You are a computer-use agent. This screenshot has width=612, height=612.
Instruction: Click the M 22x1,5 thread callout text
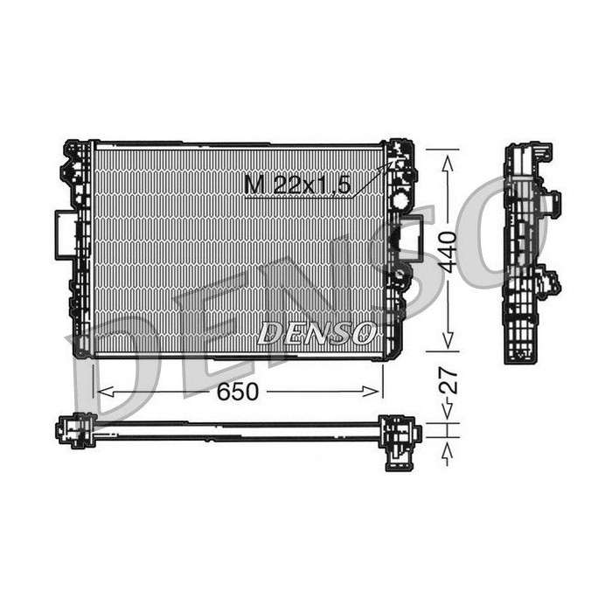coord(297,184)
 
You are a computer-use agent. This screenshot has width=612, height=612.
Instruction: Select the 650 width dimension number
coord(237,392)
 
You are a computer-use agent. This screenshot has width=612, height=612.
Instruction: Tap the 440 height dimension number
coord(447,252)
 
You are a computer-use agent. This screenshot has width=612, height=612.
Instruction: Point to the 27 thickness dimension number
coord(448,379)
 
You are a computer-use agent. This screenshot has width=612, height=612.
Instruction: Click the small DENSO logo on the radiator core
coord(316,333)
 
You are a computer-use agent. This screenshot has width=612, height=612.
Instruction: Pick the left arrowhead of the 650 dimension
coord(106,392)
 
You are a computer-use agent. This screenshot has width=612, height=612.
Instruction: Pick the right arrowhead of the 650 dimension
coord(371,392)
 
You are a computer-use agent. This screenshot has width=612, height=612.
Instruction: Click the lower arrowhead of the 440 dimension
coord(448,339)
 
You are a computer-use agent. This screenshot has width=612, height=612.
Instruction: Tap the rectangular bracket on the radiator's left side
coord(66,234)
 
